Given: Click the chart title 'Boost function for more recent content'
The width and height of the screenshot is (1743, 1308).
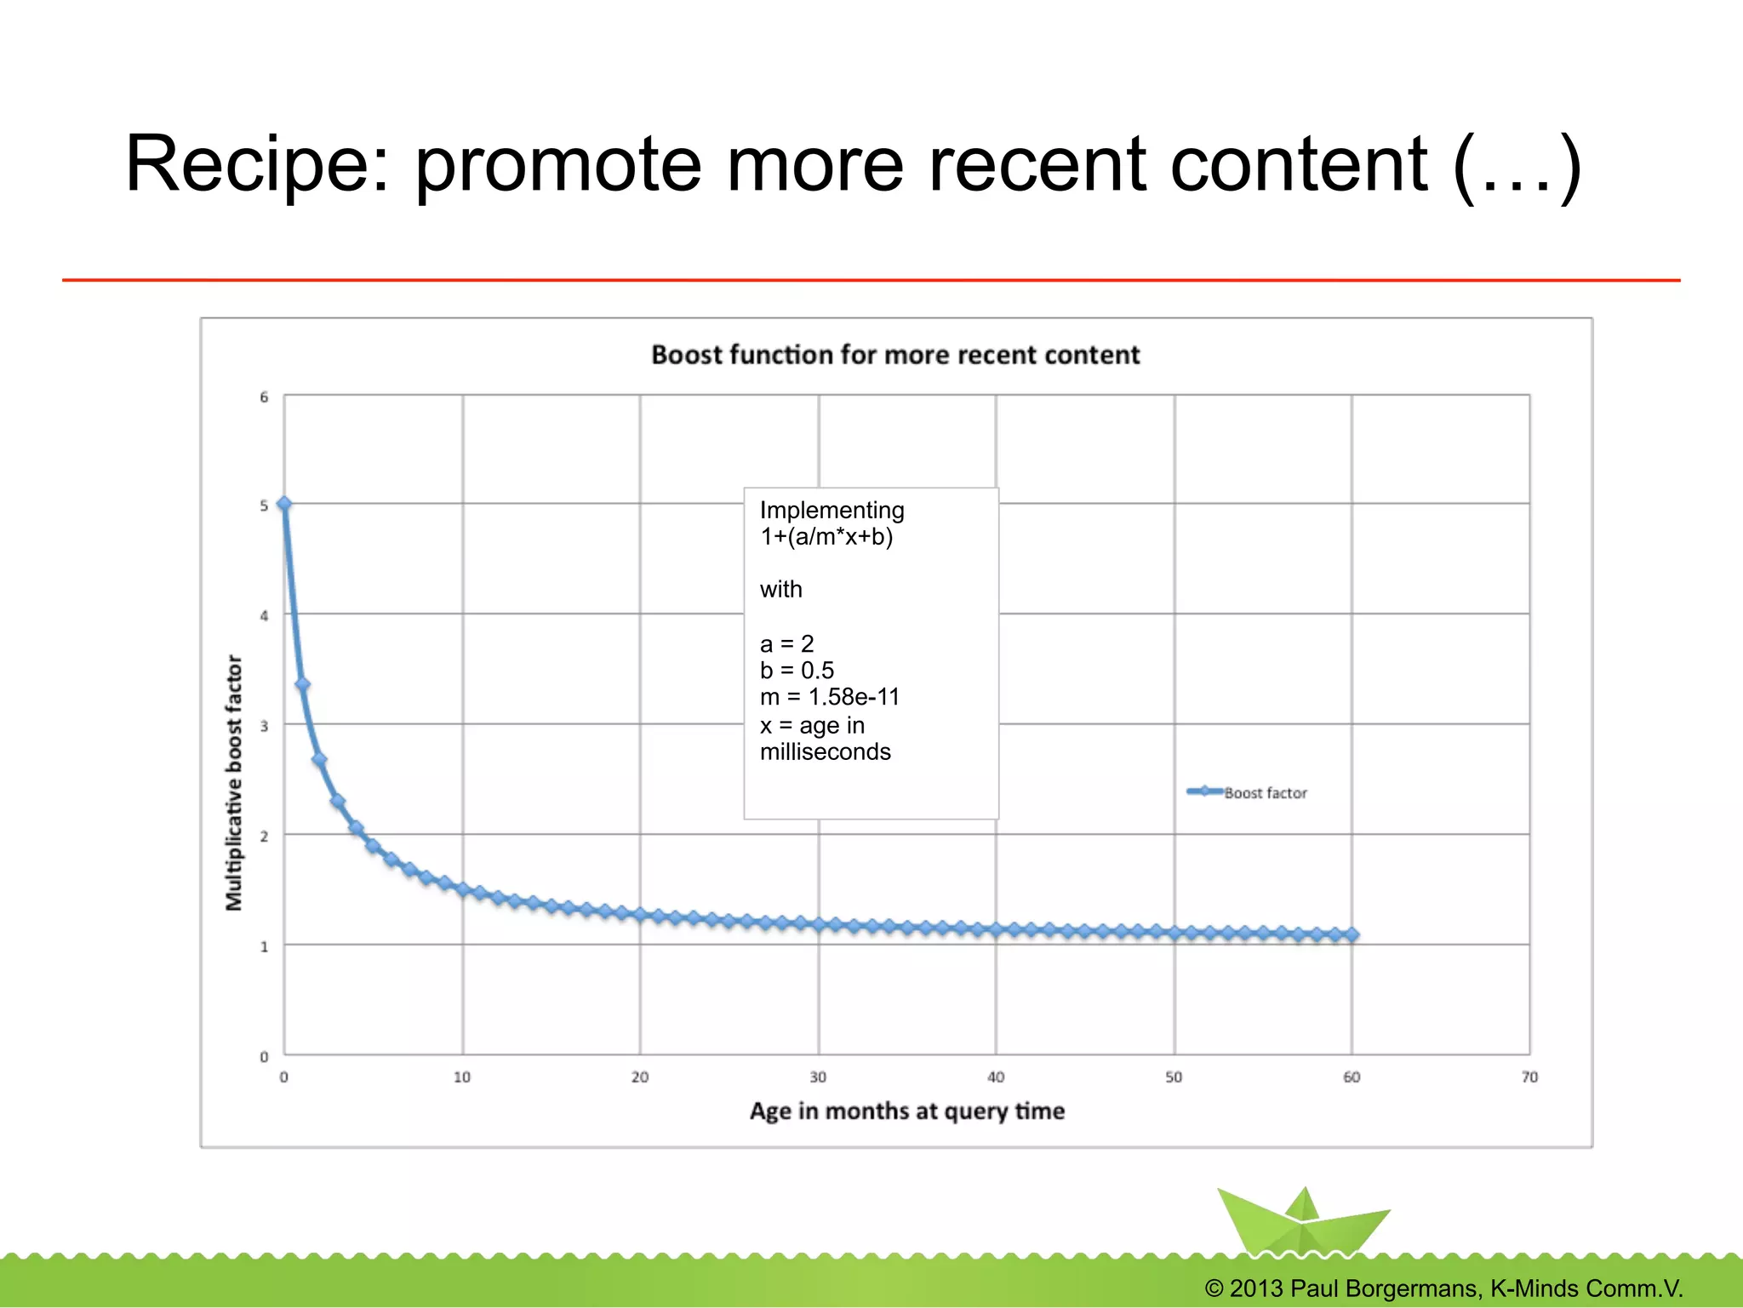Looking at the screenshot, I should click(x=894, y=355).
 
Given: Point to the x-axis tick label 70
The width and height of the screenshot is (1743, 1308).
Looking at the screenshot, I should click(x=1529, y=1077).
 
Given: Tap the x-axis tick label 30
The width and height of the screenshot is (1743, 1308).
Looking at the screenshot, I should click(x=818, y=1077).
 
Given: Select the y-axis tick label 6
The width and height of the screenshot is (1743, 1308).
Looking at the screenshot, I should click(x=264, y=397).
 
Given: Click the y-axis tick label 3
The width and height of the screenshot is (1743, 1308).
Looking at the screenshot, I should click(x=264, y=726).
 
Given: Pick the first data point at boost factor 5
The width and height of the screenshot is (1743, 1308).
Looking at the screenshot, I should click(x=284, y=505).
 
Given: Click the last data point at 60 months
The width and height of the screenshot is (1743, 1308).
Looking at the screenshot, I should click(x=1352, y=934).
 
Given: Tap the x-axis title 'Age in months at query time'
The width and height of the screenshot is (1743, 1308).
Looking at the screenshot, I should click(x=906, y=1111).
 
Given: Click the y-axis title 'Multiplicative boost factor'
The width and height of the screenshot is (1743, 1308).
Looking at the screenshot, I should click(x=234, y=783).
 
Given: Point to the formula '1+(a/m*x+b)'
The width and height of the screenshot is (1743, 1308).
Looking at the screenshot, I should click(x=826, y=537).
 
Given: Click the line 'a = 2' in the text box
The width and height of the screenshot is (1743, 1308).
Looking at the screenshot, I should click(x=786, y=643).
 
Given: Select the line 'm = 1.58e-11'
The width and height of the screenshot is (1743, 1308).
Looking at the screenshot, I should click(x=829, y=697).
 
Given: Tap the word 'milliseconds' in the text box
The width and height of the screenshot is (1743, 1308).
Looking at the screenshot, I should click(x=825, y=752).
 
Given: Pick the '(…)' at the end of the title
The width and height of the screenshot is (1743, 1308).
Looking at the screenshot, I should click(x=1517, y=166).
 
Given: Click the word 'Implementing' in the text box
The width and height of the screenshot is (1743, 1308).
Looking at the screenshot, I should click(x=831, y=510).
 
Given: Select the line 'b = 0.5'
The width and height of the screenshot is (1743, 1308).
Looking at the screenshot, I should click(x=797, y=671).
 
